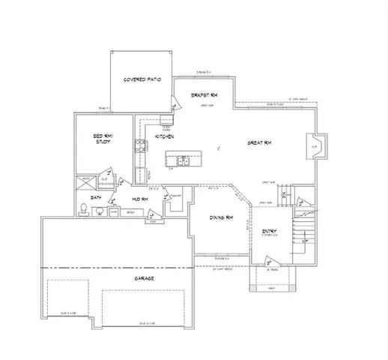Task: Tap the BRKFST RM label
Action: (203, 95)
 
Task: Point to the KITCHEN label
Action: (165, 137)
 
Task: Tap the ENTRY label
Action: (269, 232)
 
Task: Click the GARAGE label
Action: (145, 279)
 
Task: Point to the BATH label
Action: (96, 197)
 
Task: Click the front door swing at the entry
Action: (268, 262)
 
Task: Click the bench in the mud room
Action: (130, 213)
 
